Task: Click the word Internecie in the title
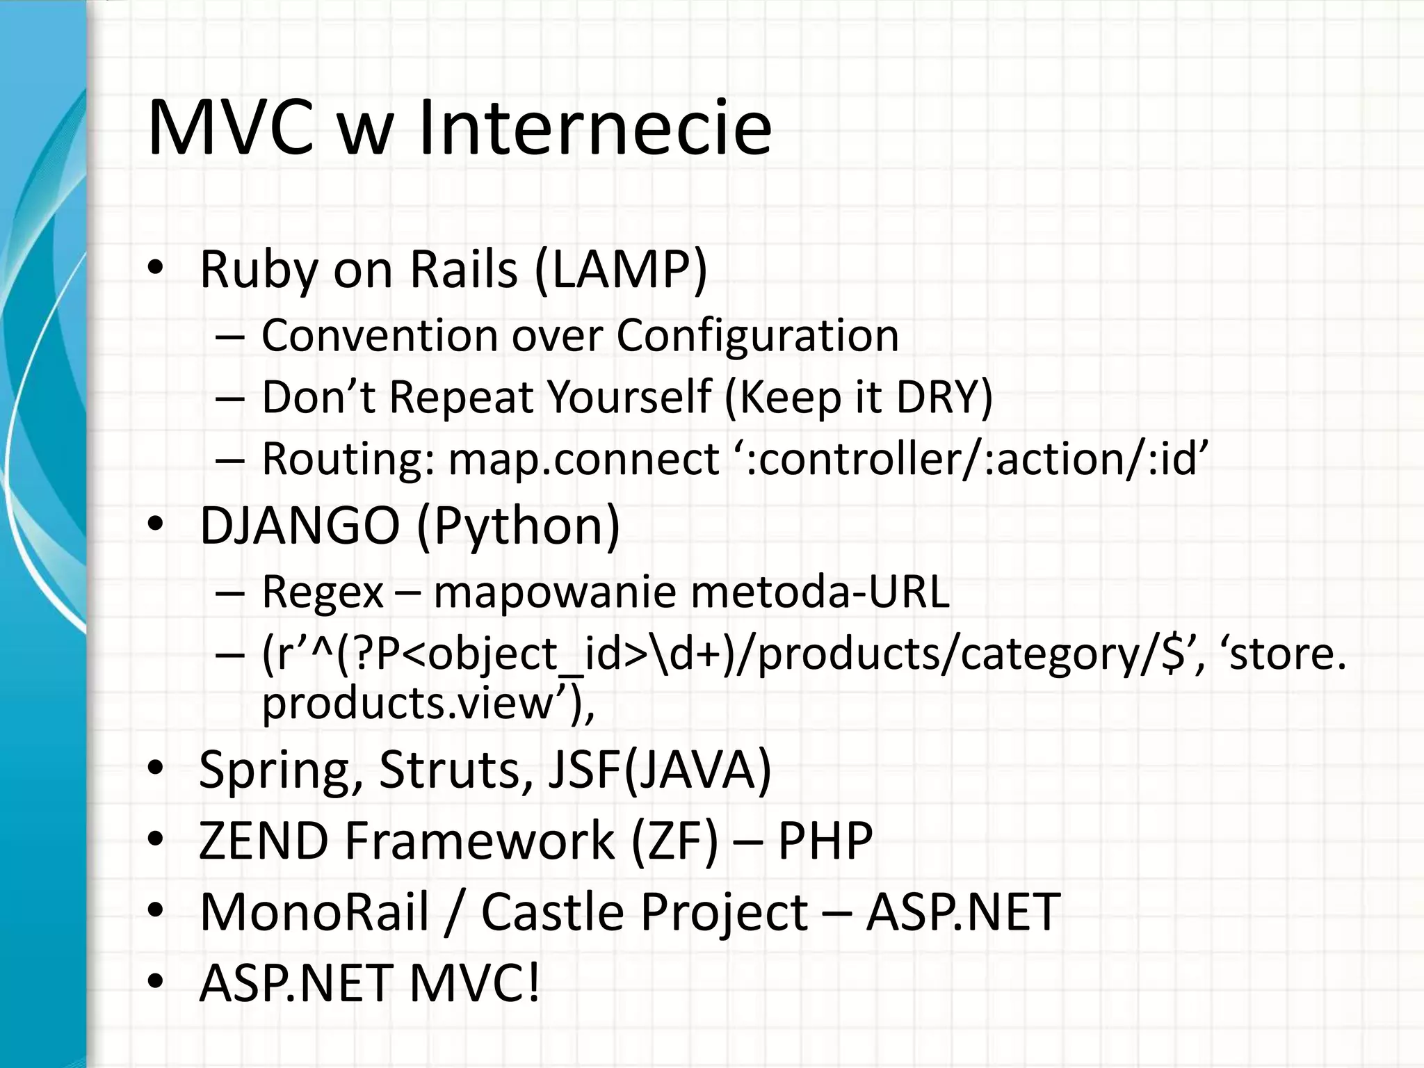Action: [594, 129]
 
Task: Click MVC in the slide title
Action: [230, 129]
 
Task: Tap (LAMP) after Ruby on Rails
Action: [621, 269]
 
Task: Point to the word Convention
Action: [380, 335]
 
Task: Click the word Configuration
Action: [757, 335]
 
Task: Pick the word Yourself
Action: [629, 397]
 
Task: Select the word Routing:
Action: [348, 459]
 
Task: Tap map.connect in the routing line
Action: [583, 459]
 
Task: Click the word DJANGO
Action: [300, 526]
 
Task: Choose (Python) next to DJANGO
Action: [518, 526]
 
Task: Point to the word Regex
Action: [322, 592]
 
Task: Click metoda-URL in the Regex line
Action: [820, 592]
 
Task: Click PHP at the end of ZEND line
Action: [825, 841]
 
